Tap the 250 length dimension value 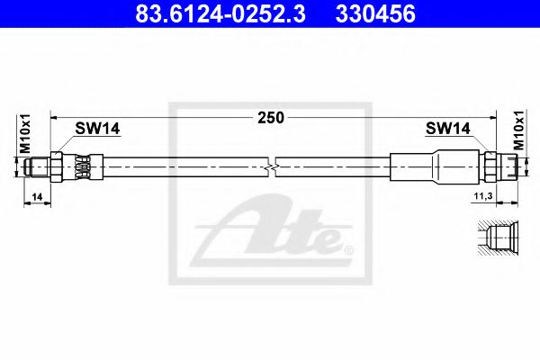(270, 117)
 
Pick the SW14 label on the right (447, 130)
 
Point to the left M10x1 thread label (25, 134)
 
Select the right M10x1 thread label (517, 132)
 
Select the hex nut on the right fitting (490, 166)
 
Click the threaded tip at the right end (510, 166)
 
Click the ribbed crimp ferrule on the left (82, 166)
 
